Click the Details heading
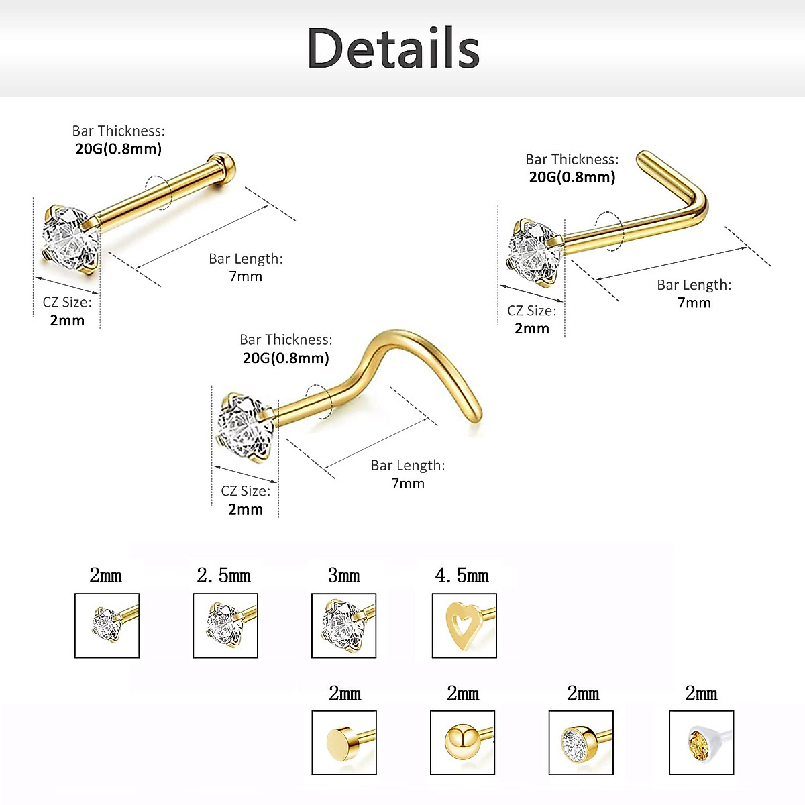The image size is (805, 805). click(393, 48)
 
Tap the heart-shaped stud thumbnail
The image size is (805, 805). click(464, 625)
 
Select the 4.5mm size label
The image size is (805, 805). click(462, 576)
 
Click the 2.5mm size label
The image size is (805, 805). click(224, 576)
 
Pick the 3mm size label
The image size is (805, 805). click(343, 576)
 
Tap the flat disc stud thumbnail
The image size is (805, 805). click(344, 743)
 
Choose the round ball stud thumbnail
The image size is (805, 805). click(462, 743)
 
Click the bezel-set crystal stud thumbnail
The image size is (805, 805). click(581, 743)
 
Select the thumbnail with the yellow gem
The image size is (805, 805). click(701, 743)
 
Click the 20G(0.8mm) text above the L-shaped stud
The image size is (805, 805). click(572, 177)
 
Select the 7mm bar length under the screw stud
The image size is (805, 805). click(408, 483)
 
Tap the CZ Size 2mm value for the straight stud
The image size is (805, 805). click(67, 320)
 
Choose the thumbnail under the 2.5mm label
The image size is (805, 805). click(225, 625)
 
